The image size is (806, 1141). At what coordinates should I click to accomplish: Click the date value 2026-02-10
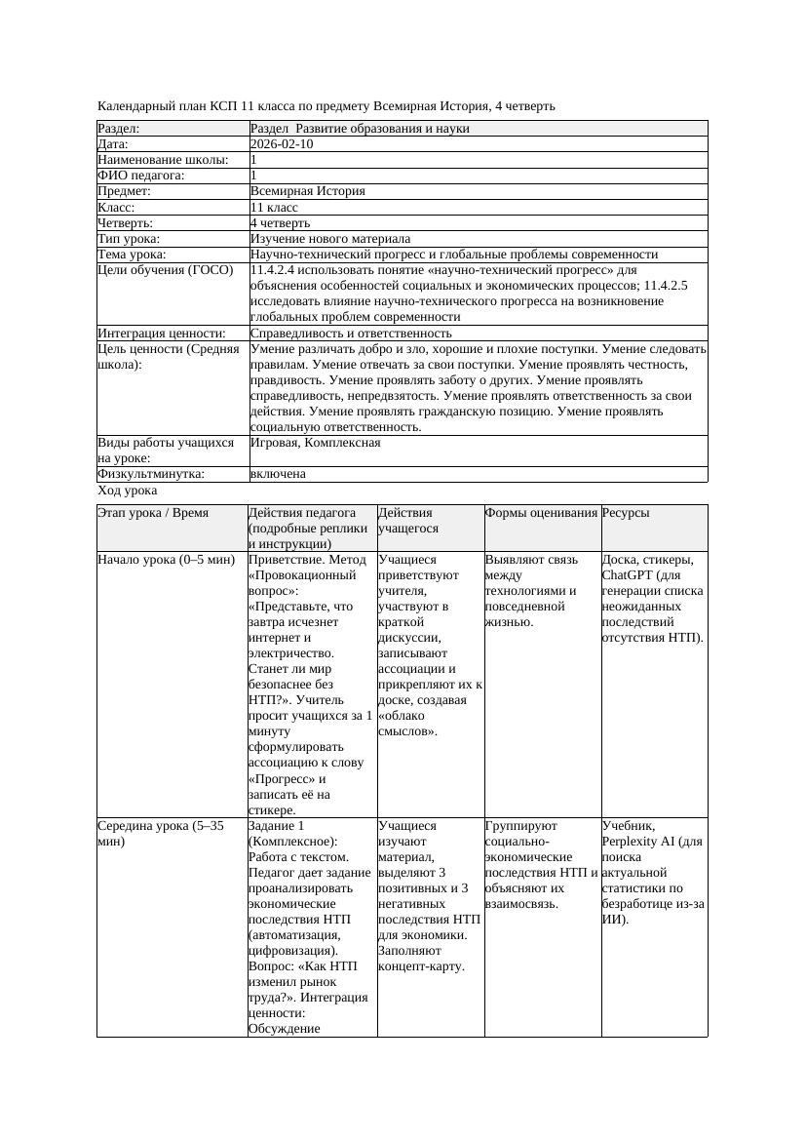pyautogui.click(x=282, y=144)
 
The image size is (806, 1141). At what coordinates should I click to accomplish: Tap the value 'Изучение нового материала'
pyautogui.click(x=330, y=239)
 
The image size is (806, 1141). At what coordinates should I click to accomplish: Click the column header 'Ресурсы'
pyautogui.click(x=626, y=512)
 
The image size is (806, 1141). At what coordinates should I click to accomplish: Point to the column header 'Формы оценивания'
pyautogui.click(x=541, y=512)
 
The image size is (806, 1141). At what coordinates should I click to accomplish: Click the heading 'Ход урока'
pyautogui.click(x=128, y=492)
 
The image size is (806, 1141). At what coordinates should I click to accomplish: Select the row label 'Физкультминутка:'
pyautogui.click(x=150, y=474)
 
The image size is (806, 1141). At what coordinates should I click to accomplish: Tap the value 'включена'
pyautogui.click(x=278, y=474)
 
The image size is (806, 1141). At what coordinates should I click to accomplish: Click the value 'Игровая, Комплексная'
pyautogui.click(x=316, y=443)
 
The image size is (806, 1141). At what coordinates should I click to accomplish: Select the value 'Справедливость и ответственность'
pyautogui.click(x=351, y=334)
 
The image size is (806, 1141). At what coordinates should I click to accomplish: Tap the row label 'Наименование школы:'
pyautogui.click(x=164, y=160)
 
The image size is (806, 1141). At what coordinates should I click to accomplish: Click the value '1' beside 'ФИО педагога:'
pyautogui.click(x=254, y=176)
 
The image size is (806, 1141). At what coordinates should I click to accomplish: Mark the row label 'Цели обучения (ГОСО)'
pyautogui.click(x=166, y=270)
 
